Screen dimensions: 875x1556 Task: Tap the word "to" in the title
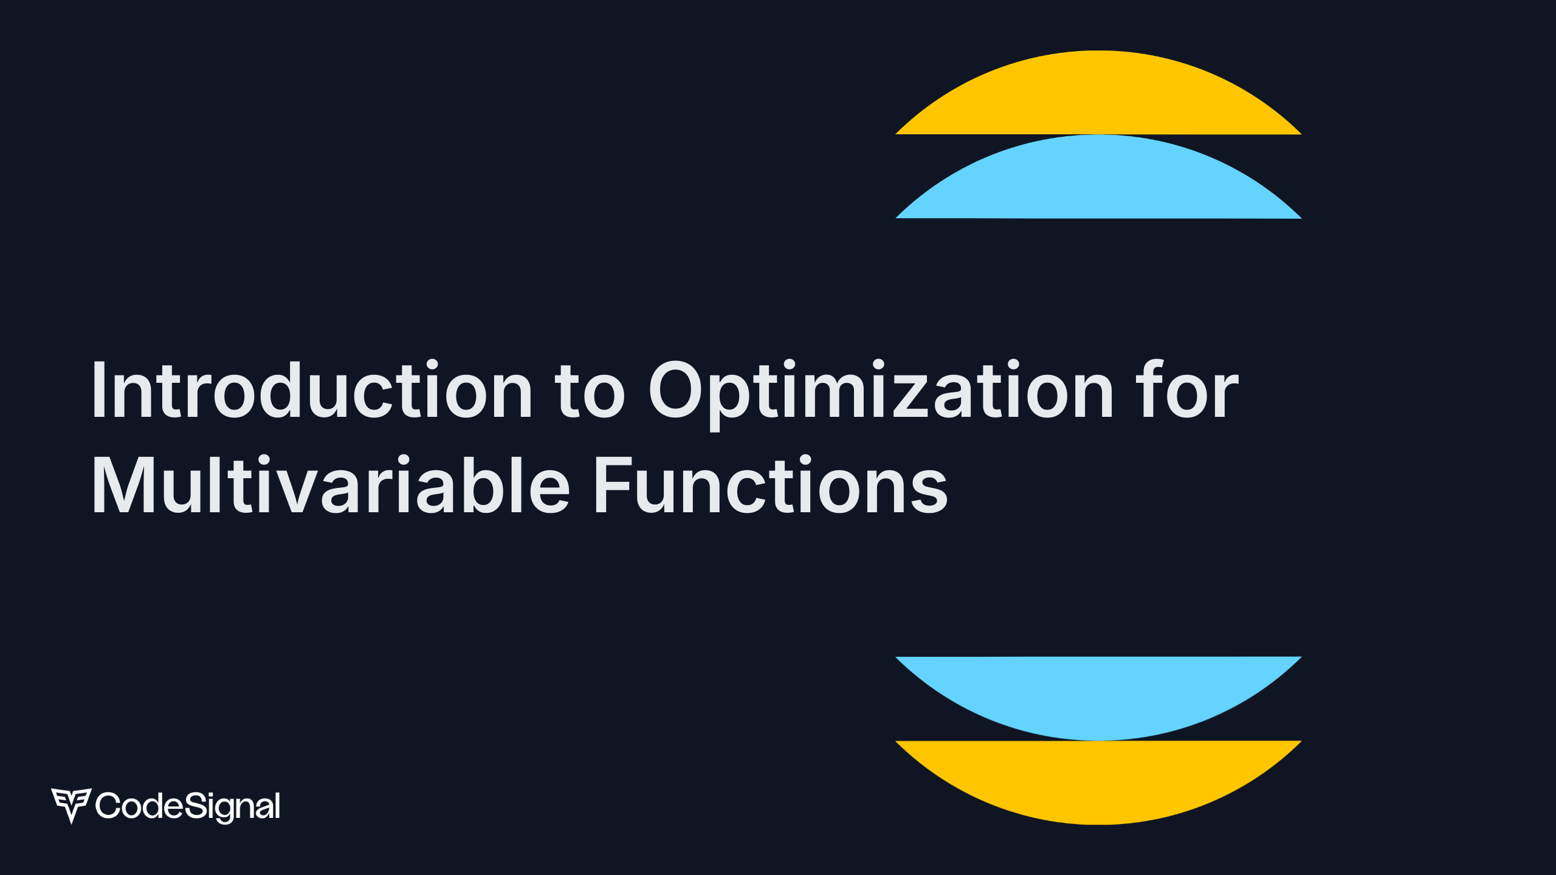point(590,392)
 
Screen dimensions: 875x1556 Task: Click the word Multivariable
point(331,486)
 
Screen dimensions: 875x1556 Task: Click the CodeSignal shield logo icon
point(71,805)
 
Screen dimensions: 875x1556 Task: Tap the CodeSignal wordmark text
point(188,806)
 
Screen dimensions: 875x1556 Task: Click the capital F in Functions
point(610,486)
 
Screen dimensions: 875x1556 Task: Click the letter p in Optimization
point(735,401)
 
